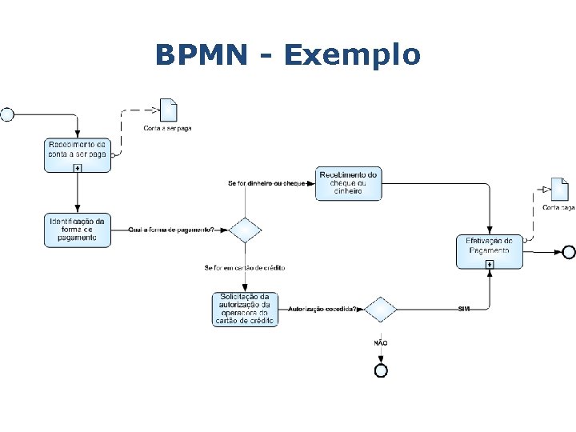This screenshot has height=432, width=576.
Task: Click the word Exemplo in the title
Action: (351, 56)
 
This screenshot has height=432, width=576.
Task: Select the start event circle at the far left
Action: (7, 114)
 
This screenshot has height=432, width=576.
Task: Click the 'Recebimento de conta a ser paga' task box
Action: (77, 153)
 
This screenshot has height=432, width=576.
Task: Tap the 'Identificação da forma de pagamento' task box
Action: (77, 230)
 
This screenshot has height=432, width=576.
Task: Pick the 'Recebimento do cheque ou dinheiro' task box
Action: (348, 183)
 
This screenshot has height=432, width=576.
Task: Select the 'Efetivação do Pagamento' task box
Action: (489, 250)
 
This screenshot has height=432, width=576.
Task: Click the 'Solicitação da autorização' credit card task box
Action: (245, 308)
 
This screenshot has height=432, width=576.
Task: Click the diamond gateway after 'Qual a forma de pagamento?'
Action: (245, 230)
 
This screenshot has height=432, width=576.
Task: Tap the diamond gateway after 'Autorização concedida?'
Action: (381, 309)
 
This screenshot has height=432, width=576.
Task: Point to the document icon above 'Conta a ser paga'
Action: (168, 110)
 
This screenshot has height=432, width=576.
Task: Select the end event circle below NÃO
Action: (381, 370)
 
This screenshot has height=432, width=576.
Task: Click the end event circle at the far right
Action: (568, 252)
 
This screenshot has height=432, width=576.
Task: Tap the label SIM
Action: (464, 309)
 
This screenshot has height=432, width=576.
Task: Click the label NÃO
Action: (381, 342)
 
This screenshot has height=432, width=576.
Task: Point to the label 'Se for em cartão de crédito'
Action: (245, 267)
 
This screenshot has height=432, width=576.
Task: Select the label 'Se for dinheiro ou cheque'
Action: (266, 184)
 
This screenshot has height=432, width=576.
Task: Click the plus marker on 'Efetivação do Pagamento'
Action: (489, 264)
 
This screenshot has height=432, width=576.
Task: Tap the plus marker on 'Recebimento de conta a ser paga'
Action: (77, 167)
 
